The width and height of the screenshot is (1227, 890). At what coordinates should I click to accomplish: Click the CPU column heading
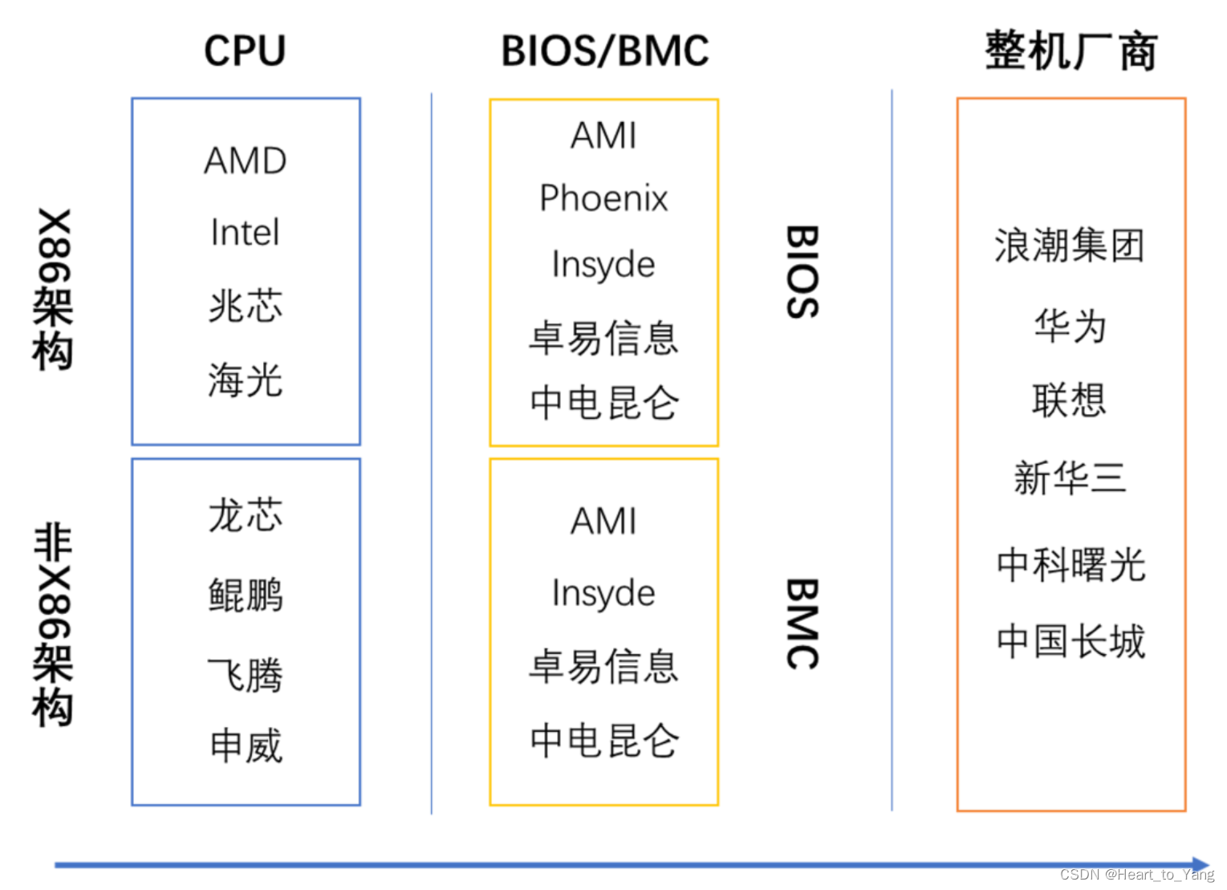(x=245, y=51)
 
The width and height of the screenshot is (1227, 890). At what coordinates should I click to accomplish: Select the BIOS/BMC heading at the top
(x=605, y=51)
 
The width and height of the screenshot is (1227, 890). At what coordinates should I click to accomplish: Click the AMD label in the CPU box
(x=246, y=161)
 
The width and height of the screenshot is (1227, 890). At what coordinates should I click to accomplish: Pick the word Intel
(x=246, y=232)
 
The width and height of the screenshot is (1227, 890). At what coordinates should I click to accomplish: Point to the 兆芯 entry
(x=246, y=305)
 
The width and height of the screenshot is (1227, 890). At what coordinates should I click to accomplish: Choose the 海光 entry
(x=246, y=379)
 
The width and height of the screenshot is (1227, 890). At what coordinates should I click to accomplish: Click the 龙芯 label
(x=246, y=515)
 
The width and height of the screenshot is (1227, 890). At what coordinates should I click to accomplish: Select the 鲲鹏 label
(x=246, y=594)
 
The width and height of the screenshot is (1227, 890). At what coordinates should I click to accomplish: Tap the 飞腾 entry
(x=246, y=674)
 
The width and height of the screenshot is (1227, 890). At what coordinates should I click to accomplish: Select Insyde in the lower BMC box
(x=603, y=594)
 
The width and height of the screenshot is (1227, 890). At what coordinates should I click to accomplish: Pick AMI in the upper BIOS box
(x=603, y=136)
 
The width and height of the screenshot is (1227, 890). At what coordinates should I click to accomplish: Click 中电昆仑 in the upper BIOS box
(x=605, y=402)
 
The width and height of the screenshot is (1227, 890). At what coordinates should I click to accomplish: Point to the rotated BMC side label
(x=802, y=624)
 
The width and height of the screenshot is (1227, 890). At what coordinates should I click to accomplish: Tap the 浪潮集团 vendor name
(x=1070, y=245)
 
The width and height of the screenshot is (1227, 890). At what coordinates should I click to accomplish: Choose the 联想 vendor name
(x=1070, y=400)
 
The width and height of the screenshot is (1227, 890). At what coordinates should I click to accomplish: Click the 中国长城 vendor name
(x=1071, y=640)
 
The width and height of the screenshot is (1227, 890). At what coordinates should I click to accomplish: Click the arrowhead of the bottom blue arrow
(x=1201, y=865)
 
